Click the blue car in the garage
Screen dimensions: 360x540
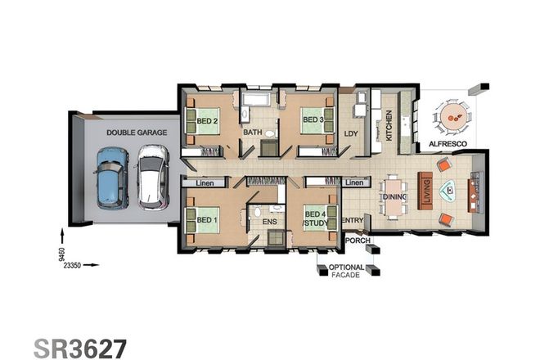coord(111,177)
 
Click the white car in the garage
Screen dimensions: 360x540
coord(151,177)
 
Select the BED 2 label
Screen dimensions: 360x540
coord(207,121)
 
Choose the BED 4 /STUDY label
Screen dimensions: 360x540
coord(315,219)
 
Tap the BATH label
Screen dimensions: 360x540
coord(252,132)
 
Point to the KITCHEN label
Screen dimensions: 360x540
coord(389,125)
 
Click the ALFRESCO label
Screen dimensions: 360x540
coord(448,145)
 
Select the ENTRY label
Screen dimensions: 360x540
coord(352,220)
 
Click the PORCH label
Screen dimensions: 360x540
coord(358,241)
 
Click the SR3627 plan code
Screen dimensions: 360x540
coord(80,347)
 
